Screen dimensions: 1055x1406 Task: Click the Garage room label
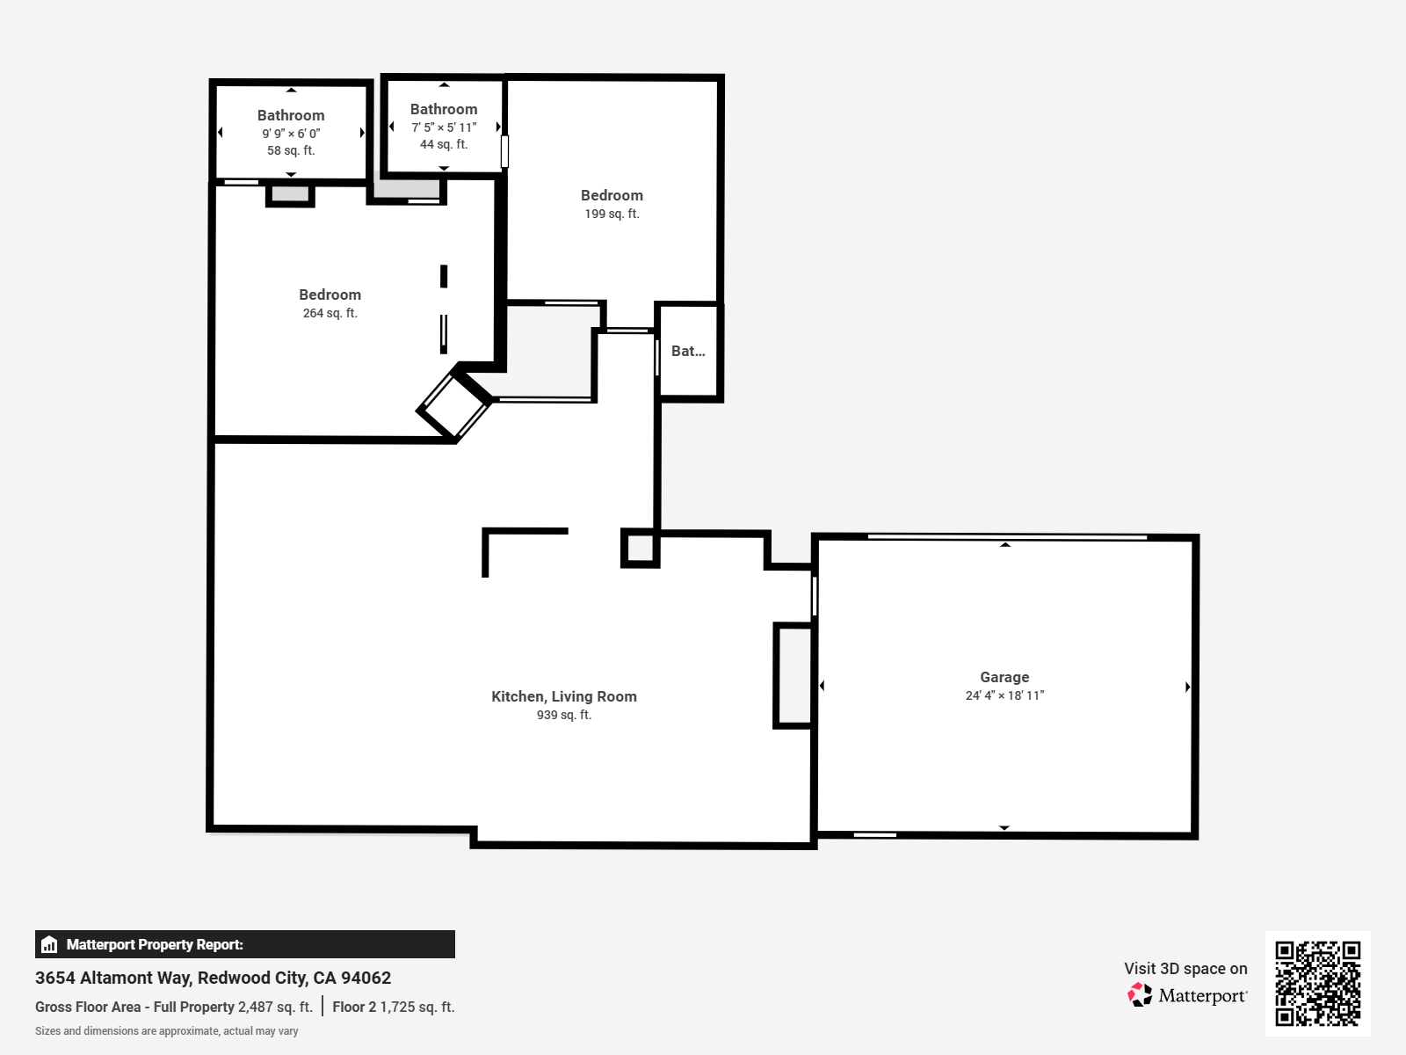[x=1004, y=677]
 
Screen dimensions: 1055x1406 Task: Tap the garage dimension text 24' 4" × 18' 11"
[x=1004, y=695]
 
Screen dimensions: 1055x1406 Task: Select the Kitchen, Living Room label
[x=563, y=696]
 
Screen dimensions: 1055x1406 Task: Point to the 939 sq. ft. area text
[x=563, y=715]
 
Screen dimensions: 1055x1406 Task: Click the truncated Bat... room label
[x=688, y=351]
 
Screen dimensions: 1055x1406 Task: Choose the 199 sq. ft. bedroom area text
[x=612, y=214]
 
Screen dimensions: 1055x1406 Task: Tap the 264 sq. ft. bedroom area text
[x=330, y=313]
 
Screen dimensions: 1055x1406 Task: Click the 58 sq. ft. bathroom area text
[x=291, y=150]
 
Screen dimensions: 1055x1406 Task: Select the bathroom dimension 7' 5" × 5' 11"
[x=444, y=127]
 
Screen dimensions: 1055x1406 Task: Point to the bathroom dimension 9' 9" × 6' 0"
[x=291, y=134]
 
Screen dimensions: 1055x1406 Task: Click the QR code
[x=1317, y=983]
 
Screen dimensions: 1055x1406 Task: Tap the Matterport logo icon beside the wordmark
[x=1140, y=995]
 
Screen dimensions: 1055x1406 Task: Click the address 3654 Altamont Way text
[x=213, y=978]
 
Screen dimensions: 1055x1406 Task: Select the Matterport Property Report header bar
[x=244, y=944]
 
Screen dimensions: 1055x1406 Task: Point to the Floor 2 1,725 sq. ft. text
[x=393, y=1007]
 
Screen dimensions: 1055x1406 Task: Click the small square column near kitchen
[x=640, y=548]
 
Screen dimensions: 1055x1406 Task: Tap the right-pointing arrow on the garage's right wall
[x=1187, y=687]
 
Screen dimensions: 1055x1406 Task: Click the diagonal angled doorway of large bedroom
[x=454, y=405]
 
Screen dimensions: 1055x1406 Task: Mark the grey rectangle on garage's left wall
[x=794, y=675]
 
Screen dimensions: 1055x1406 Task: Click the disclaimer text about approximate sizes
[x=166, y=1031]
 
